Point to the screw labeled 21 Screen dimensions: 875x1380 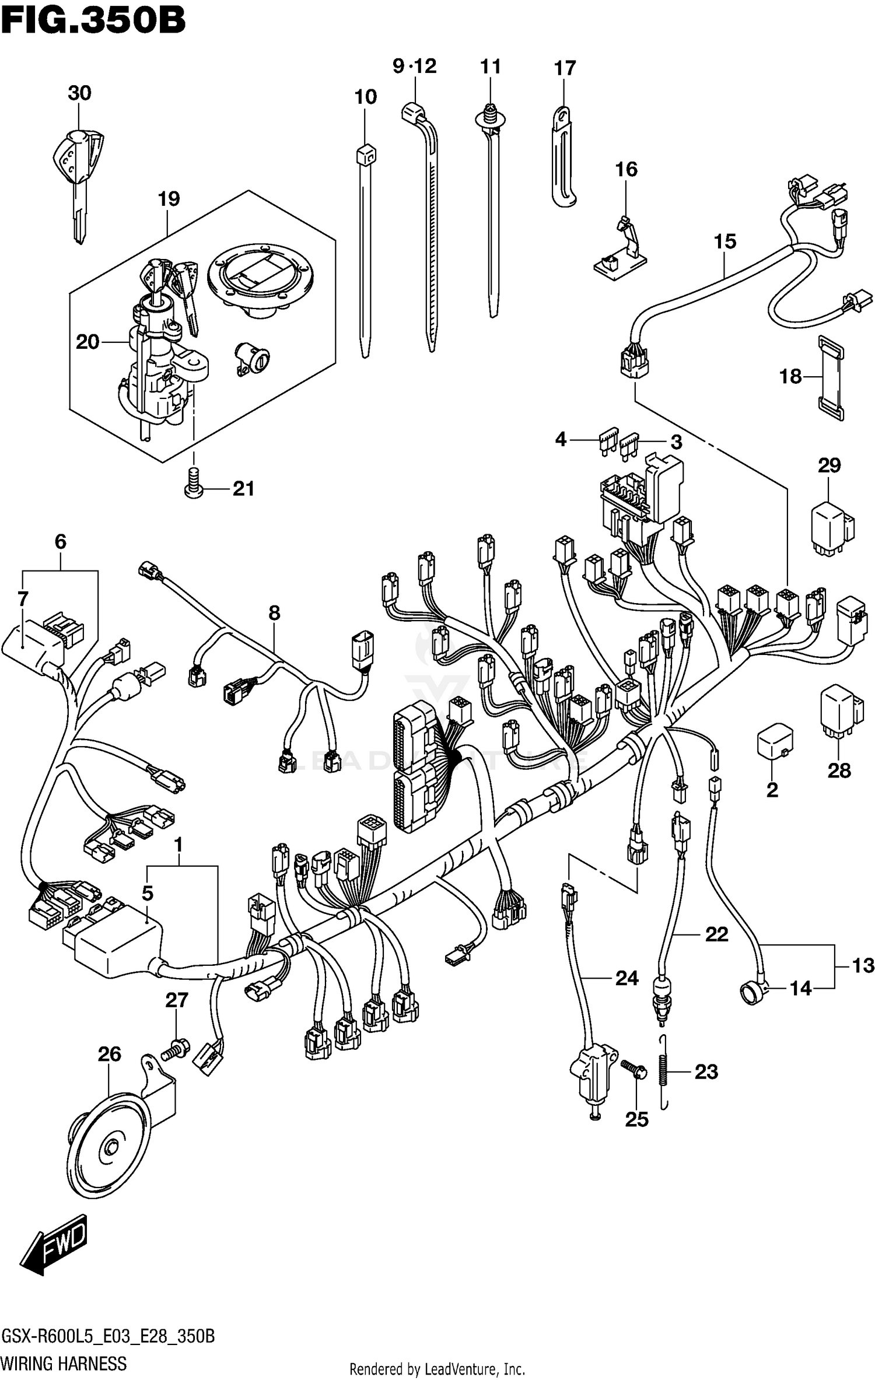click(x=193, y=484)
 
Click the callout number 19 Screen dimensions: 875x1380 click(x=169, y=199)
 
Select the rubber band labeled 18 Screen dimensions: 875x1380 click(x=831, y=377)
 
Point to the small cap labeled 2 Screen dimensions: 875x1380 click(x=774, y=742)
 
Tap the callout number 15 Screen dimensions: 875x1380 click(x=725, y=241)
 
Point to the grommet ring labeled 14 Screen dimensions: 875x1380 click(x=753, y=992)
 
